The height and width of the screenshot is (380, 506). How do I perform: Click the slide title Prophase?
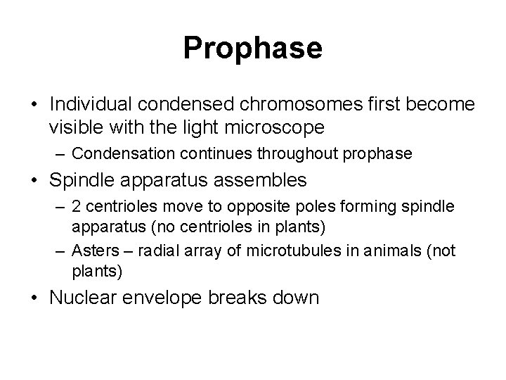coord(252,49)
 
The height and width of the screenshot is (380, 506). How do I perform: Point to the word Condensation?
coord(115,153)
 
